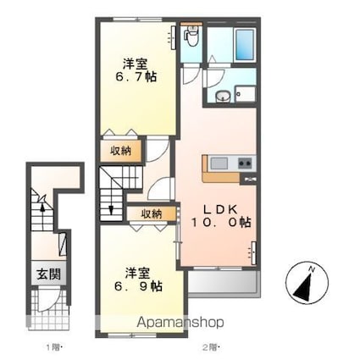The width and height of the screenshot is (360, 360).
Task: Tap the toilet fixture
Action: click(191, 36)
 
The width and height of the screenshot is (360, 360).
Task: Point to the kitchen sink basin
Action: click(215, 163)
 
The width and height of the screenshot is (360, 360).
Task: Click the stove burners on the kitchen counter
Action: click(244, 163)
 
